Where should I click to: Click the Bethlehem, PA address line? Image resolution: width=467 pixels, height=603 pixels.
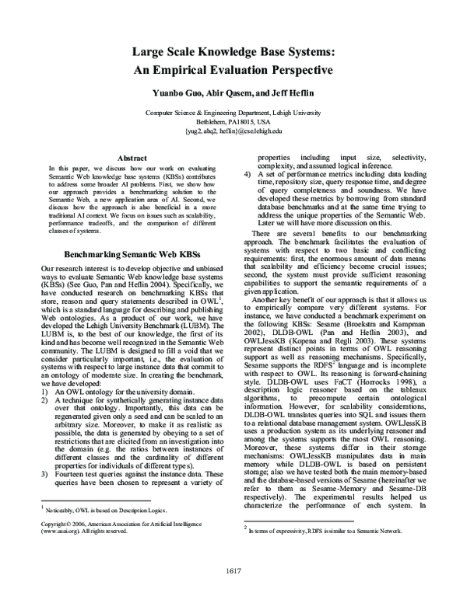(x=233, y=122)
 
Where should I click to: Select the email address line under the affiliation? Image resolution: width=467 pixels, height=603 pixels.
(x=233, y=131)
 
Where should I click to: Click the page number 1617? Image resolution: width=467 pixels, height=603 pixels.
(x=233, y=573)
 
